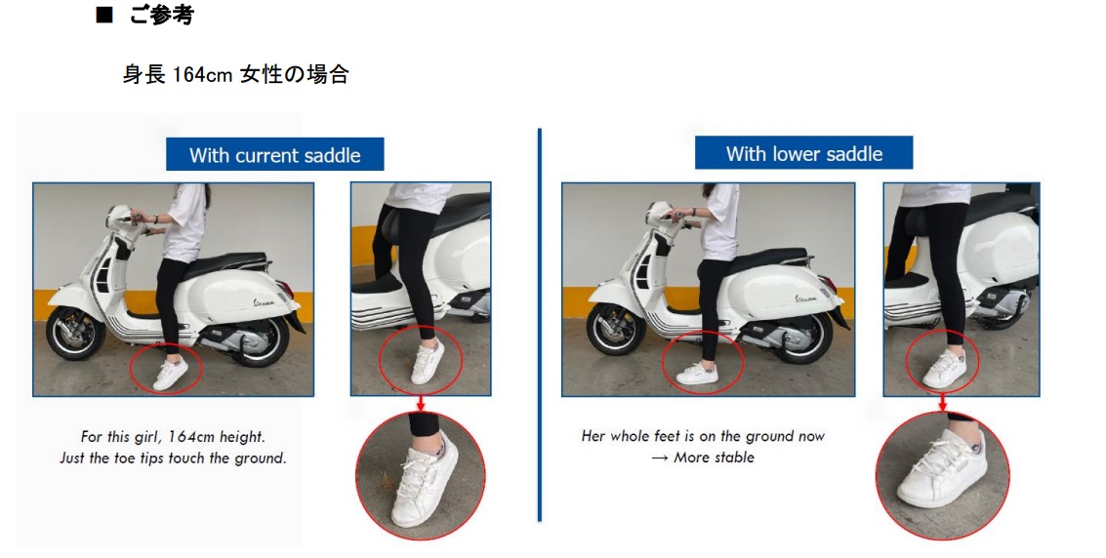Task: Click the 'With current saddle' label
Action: (x=274, y=154)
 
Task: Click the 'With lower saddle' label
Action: (x=803, y=153)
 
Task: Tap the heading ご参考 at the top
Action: (x=161, y=15)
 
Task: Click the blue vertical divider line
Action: (x=540, y=325)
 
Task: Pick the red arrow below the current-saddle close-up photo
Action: (x=421, y=404)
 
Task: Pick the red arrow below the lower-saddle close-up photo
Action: (x=942, y=403)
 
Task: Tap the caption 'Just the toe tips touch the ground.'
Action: (x=173, y=458)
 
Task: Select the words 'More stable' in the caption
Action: (x=714, y=458)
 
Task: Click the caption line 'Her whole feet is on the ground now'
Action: (x=703, y=436)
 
